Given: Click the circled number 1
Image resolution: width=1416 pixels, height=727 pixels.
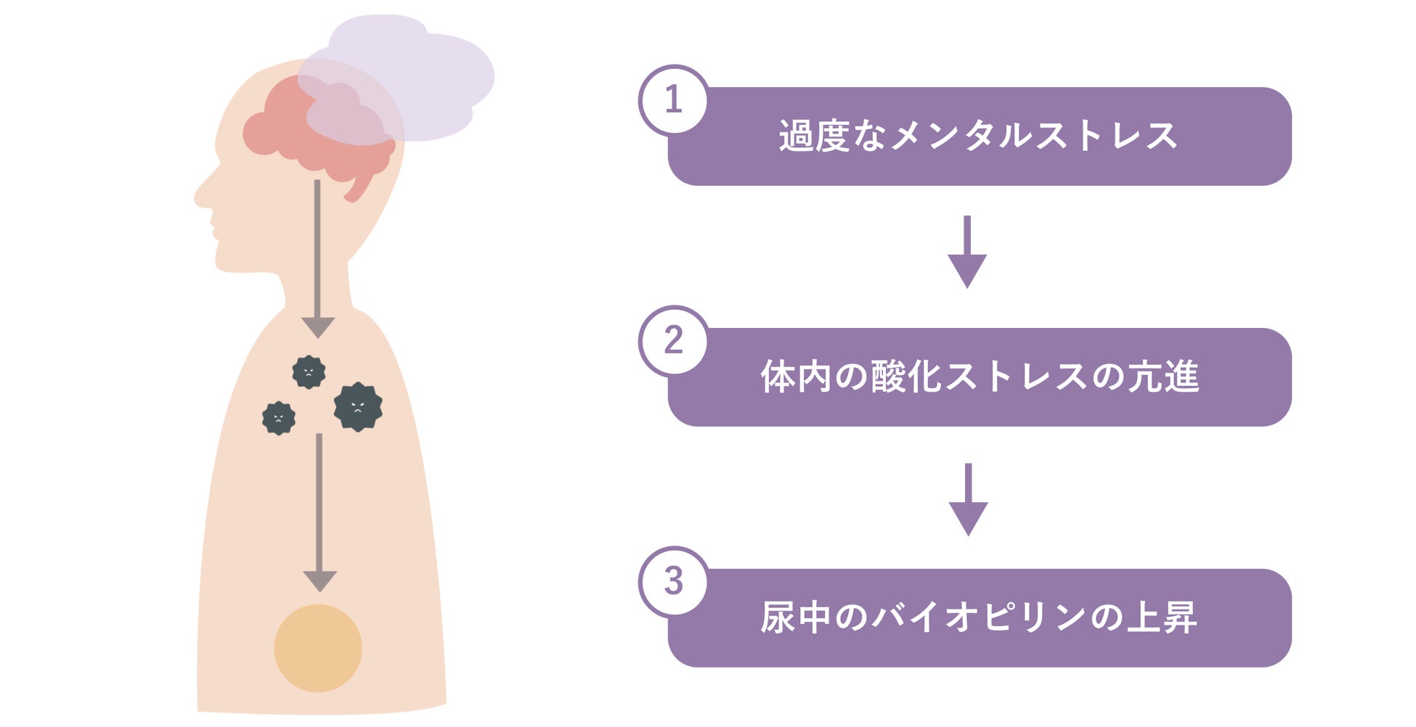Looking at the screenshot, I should point(673,99).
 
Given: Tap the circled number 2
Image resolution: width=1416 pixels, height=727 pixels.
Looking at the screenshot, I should point(673,340).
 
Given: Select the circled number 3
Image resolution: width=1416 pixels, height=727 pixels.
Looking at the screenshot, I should point(673,581).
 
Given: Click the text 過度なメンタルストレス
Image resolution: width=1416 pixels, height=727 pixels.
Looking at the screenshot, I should point(978,136).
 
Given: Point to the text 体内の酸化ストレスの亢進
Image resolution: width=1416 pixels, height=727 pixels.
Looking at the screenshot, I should point(979,377).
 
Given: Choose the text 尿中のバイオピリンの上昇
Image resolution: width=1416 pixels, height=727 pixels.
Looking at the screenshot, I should point(978,618).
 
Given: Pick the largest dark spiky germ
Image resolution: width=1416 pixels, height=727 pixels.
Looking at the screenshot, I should point(358,407).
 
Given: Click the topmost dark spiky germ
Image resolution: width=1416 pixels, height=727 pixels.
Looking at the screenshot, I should point(309,372).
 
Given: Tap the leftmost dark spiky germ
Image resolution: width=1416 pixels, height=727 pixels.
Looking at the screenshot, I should point(279,418).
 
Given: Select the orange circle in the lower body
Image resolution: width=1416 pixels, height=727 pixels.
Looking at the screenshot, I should point(318,648).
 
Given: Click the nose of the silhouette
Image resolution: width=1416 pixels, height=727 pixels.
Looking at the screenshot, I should point(200,194).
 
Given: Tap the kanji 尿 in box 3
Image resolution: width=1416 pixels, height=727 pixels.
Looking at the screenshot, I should point(777,618).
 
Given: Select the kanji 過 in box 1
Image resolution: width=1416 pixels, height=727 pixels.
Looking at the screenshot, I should point(796,136).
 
